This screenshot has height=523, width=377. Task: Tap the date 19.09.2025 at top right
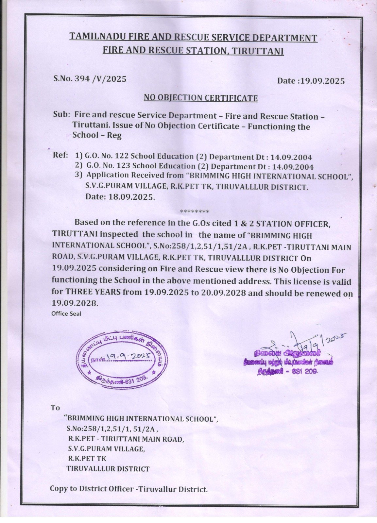322,81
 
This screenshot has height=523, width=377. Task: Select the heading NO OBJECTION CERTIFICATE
200,98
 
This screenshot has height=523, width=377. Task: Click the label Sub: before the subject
61,115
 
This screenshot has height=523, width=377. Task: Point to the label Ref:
60,155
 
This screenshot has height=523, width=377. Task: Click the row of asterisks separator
195,212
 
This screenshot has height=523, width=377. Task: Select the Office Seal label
66,313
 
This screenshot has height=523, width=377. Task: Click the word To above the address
55,408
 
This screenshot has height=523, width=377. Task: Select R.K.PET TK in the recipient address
87,458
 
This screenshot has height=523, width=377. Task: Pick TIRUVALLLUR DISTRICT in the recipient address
108,468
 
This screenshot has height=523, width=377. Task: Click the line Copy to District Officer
129,489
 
